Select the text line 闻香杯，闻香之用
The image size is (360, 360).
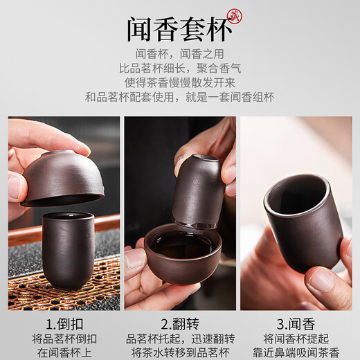(x=180, y=55)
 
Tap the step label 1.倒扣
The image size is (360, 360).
(x=64, y=323)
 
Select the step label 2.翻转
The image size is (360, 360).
(x=180, y=323)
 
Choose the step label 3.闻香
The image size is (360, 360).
(x=296, y=323)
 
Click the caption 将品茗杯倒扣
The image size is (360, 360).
(x=64, y=339)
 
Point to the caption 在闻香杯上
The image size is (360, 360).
(x=64, y=352)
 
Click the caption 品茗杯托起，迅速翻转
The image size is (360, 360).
(x=180, y=339)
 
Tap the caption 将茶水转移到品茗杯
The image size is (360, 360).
(x=180, y=352)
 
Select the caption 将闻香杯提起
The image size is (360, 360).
(x=296, y=339)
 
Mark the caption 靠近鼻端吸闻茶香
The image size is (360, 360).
(x=296, y=352)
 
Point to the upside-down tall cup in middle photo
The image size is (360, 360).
(x=198, y=191)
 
